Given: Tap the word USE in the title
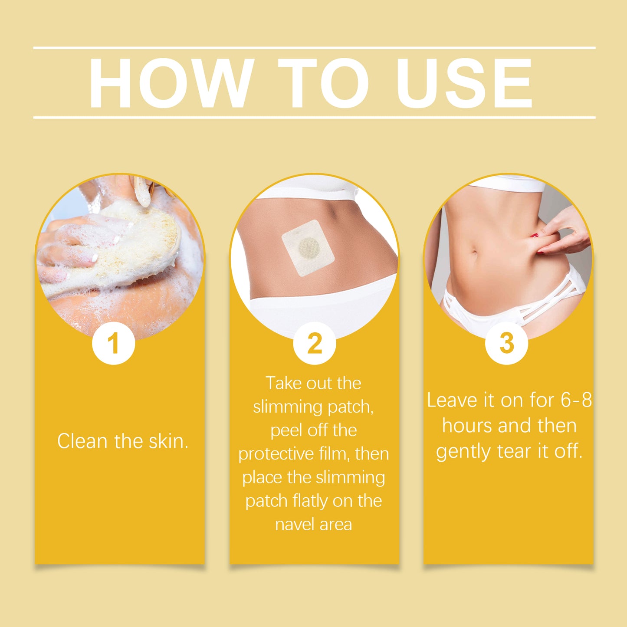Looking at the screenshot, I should [x=464, y=83].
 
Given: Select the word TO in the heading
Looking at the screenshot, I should [x=323, y=83].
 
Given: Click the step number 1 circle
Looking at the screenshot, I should [x=113, y=343].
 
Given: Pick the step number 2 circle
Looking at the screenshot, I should [x=314, y=343].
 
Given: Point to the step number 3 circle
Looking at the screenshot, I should [x=506, y=343].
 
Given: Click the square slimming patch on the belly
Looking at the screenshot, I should [x=308, y=248].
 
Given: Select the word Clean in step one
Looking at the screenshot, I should [x=82, y=441].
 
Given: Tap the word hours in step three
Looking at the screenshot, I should [x=466, y=426].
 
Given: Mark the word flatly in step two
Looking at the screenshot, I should [x=311, y=501].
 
